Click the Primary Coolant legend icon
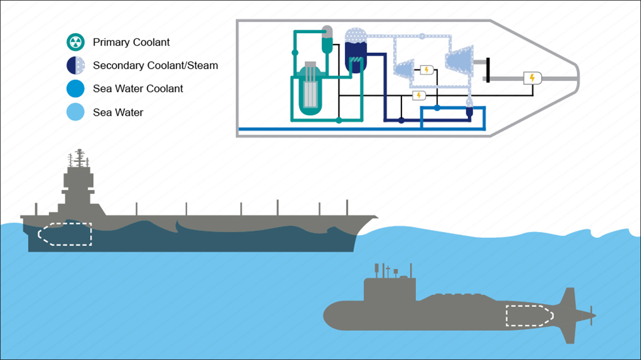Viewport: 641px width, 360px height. click(x=76, y=42)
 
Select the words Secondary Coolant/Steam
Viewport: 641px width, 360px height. click(x=155, y=66)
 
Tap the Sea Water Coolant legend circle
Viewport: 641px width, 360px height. click(x=76, y=89)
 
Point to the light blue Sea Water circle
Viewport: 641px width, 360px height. click(x=76, y=112)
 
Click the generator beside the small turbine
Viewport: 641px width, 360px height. click(x=426, y=70)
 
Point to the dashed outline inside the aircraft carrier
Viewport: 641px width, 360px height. click(x=64, y=235)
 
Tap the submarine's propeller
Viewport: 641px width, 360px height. click(x=591, y=316)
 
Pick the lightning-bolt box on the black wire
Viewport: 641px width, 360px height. click(x=418, y=95)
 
